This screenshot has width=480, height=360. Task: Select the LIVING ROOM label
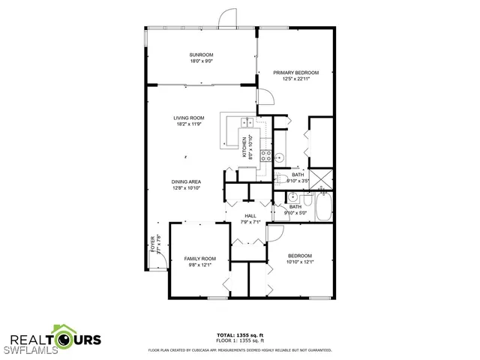point(189,118)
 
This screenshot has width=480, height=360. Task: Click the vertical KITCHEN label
point(244,146)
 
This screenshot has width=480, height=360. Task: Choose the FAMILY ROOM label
point(199,259)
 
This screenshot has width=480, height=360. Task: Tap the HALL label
point(250,216)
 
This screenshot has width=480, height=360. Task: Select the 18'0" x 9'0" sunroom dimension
point(201,62)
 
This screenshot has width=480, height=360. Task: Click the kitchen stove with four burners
point(265,156)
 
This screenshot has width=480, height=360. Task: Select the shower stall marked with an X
point(322,178)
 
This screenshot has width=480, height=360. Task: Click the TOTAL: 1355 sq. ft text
point(240,335)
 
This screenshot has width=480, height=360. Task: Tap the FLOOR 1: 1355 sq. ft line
point(240,341)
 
